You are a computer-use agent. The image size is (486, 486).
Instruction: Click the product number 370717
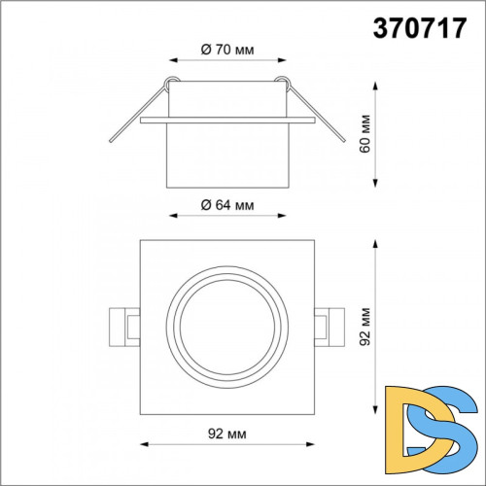420,28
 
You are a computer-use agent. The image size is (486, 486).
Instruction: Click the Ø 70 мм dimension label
227,50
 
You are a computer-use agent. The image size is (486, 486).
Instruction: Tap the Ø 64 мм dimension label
227,205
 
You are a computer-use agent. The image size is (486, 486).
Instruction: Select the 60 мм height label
364,133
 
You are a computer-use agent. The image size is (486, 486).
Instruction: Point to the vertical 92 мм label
364,327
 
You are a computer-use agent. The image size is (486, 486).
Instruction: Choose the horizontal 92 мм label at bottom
227,434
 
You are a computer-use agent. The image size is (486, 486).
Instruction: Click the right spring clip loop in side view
283,82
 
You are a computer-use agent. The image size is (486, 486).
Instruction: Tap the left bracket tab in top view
124,328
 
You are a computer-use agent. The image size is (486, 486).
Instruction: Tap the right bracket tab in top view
330,328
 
